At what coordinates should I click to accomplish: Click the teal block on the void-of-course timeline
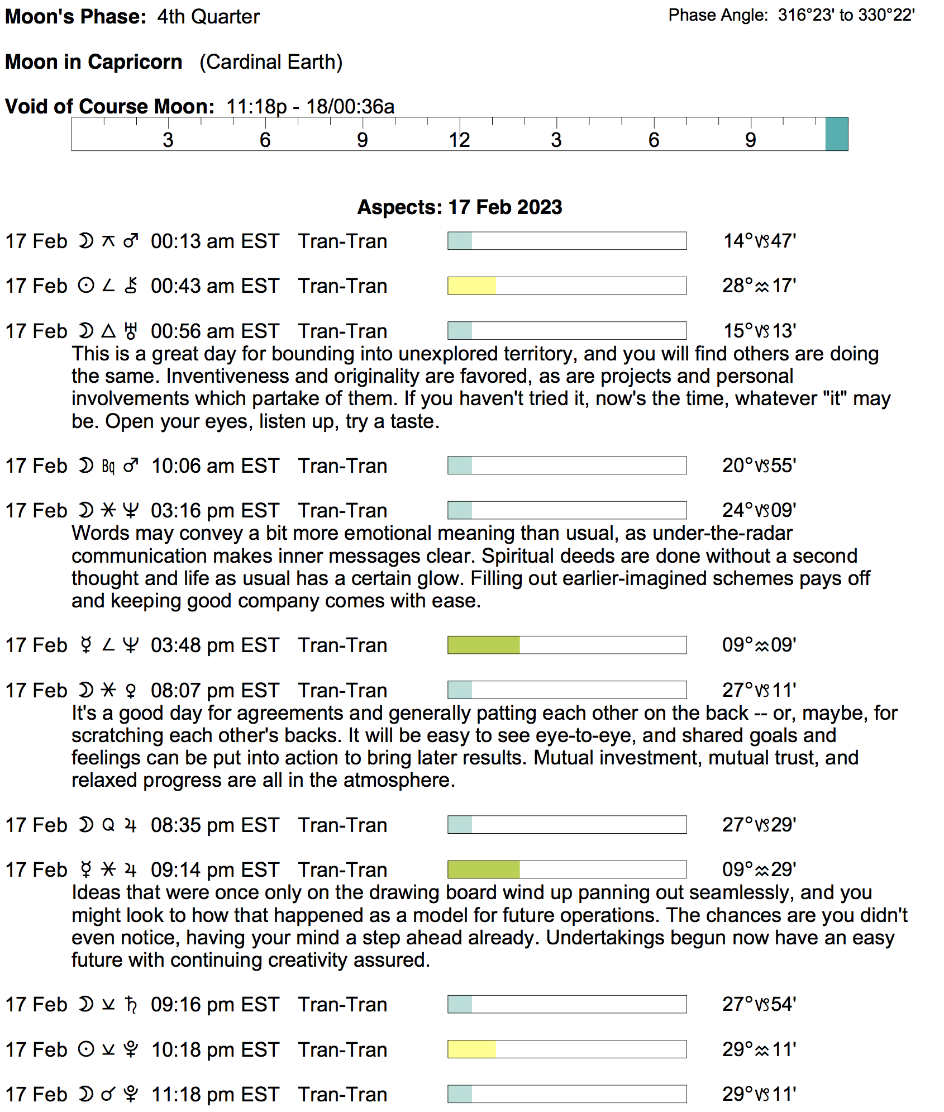(836, 134)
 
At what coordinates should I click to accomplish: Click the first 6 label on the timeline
(265, 140)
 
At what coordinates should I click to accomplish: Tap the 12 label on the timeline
(459, 140)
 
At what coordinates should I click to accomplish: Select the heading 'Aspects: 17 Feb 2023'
(459, 207)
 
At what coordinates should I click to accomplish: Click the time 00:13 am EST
(215, 241)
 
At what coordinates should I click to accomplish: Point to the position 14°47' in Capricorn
(759, 241)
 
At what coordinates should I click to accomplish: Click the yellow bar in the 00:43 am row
(471, 286)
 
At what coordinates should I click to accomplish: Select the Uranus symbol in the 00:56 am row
(131, 331)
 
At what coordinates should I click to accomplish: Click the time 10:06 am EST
(215, 466)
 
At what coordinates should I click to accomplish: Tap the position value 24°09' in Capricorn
(759, 511)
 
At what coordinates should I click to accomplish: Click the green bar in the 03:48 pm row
(484, 645)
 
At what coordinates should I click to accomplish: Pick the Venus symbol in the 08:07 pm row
(131, 691)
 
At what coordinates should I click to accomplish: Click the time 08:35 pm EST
(215, 825)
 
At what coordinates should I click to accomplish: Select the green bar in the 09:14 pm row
(484, 870)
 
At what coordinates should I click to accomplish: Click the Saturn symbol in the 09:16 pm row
(131, 1005)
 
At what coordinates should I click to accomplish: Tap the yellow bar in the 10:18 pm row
(471, 1049)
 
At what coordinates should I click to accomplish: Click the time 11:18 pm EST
(215, 1095)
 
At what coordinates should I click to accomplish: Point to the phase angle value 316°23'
(807, 15)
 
